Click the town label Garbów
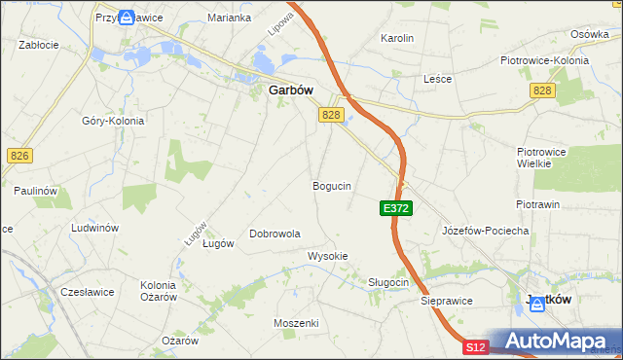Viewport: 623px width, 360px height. point(290,90)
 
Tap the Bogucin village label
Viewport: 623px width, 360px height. point(332,185)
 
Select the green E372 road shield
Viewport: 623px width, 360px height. point(395,208)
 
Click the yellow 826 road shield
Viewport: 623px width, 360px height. point(18,156)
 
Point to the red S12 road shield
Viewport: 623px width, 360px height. point(474,346)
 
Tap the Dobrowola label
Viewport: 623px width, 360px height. point(275,234)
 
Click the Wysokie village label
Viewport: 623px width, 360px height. point(328,256)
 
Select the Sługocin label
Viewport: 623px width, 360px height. point(388,282)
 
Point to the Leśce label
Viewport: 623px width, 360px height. point(437,79)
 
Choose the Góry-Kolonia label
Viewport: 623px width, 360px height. point(113,121)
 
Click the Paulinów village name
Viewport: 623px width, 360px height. point(33,191)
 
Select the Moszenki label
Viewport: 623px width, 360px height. point(297,322)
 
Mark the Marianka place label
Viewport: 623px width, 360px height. point(230,18)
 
